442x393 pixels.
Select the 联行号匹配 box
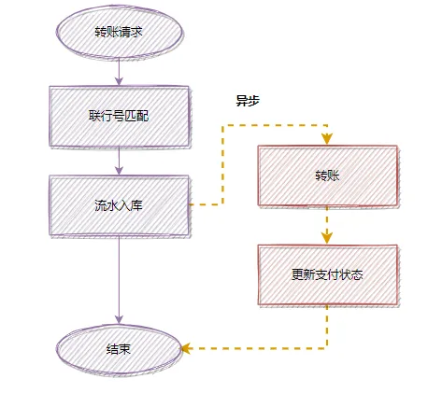point(119,117)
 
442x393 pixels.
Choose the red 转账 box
point(327,175)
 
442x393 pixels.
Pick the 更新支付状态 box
point(327,275)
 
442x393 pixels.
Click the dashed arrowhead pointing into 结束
point(185,348)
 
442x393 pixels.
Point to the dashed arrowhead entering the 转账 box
point(327,140)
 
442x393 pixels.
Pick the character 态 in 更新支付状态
point(356,275)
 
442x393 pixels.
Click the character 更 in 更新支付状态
point(298,275)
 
